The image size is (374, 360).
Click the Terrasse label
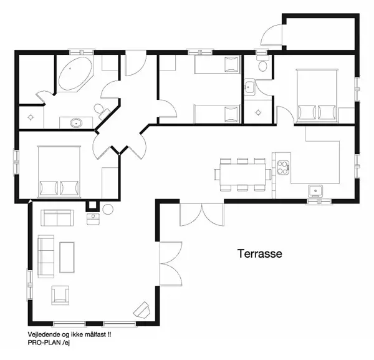(x=260, y=254)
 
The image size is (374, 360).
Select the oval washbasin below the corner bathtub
(x=77, y=122)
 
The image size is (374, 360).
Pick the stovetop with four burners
(x=282, y=167)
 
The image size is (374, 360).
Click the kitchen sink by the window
(x=316, y=190)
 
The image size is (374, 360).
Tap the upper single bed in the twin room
(x=218, y=65)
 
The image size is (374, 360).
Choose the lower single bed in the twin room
(x=218, y=114)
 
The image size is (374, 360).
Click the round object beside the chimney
(x=107, y=209)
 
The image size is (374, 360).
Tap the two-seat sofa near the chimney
(x=57, y=218)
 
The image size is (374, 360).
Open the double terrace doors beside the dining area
(x=201, y=215)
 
